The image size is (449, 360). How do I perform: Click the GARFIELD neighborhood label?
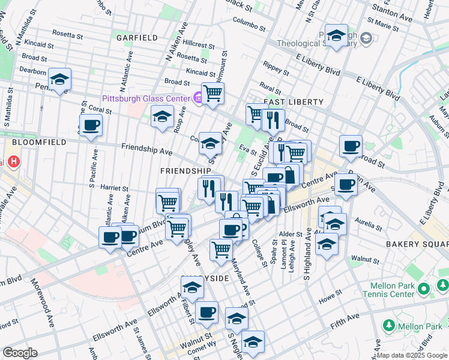tap(137, 37)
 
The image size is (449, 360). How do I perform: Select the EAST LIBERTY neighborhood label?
tap(294, 103)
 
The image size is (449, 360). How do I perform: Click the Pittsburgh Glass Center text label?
tap(145, 98)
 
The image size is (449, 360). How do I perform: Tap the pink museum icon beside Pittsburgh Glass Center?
tap(197, 98)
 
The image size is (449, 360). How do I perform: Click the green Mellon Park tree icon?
tap(388, 325)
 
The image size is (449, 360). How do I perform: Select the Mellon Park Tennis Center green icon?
tap(424, 289)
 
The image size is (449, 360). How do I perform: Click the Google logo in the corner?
tap(20, 352)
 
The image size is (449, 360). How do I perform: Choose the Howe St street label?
tap(330, 297)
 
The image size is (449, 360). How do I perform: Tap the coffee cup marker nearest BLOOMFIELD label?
tap(91, 125)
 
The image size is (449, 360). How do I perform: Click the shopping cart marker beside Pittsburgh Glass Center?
tap(212, 94)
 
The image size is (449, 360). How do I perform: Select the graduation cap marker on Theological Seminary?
tap(337, 37)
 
